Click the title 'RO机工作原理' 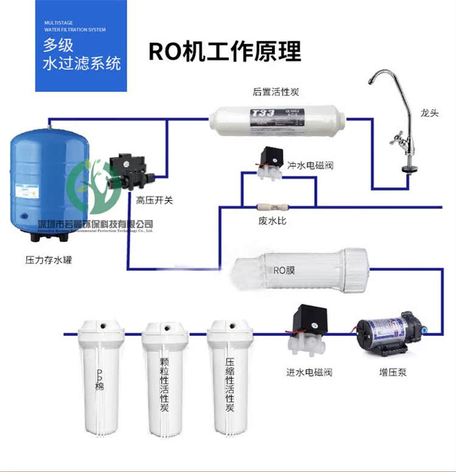point(224,52)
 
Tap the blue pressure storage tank point(49,182)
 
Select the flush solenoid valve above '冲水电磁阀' point(268,162)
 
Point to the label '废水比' point(272,221)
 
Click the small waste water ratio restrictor point(271,206)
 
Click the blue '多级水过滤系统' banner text point(82,54)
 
